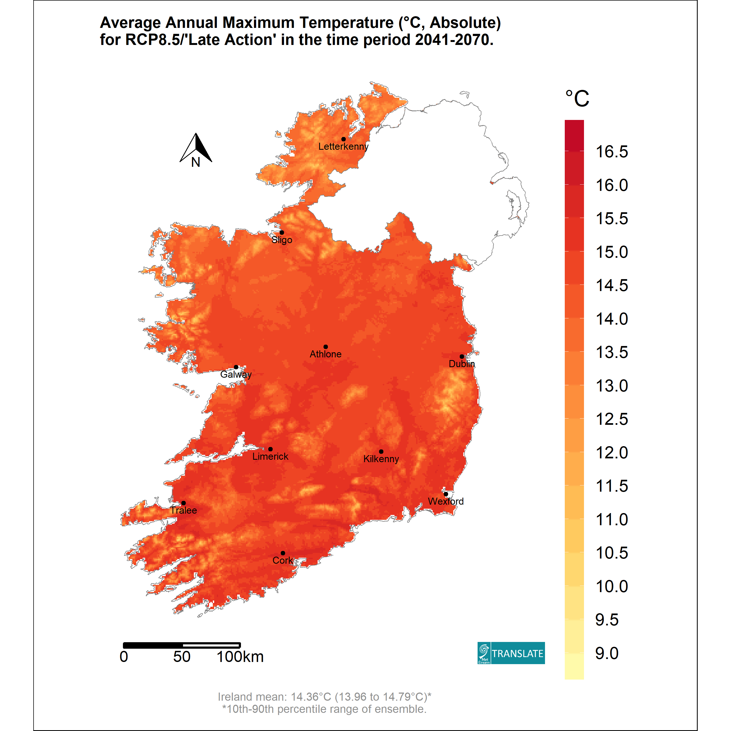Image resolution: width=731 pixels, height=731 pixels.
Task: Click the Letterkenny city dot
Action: pos(343,139)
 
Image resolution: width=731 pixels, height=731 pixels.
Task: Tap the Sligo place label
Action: pos(282,240)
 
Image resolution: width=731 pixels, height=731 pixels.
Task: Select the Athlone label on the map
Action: pos(325,354)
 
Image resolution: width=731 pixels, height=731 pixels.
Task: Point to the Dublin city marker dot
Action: pos(462,356)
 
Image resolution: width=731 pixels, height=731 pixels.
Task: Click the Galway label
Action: pos(236,375)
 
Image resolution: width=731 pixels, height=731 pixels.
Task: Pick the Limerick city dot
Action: pos(270,449)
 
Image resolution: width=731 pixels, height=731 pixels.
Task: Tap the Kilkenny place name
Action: pos(381,459)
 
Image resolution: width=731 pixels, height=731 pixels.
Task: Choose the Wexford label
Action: pos(446,501)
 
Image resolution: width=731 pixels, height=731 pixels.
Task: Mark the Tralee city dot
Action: pos(184,503)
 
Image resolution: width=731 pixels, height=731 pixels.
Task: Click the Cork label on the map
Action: pos(283,560)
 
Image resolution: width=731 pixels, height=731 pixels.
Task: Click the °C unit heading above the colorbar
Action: pos(577,99)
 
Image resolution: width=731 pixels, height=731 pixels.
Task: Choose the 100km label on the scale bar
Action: pos(240,657)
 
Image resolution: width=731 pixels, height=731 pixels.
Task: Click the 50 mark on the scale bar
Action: pos(182,657)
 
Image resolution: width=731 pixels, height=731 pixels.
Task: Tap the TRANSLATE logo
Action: pos(511,653)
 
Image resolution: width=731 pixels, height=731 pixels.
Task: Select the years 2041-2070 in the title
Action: pos(454,40)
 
